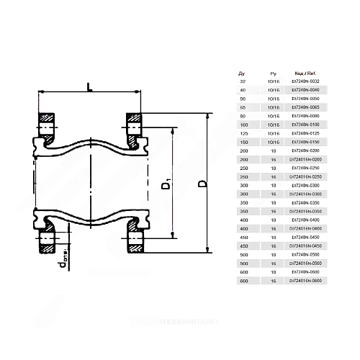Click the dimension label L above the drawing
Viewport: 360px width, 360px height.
click(x=88, y=88)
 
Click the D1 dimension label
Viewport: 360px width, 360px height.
click(x=166, y=189)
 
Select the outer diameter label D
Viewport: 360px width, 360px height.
click(x=202, y=184)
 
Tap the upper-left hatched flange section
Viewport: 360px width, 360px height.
click(x=48, y=124)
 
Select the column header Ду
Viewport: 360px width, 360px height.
click(x=241, y=73)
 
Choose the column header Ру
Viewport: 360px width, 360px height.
click(x=272, y=73)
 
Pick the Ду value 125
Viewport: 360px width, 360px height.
click(x=241, y=133)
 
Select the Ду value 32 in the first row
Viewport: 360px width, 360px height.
click(x=241, y=81)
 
